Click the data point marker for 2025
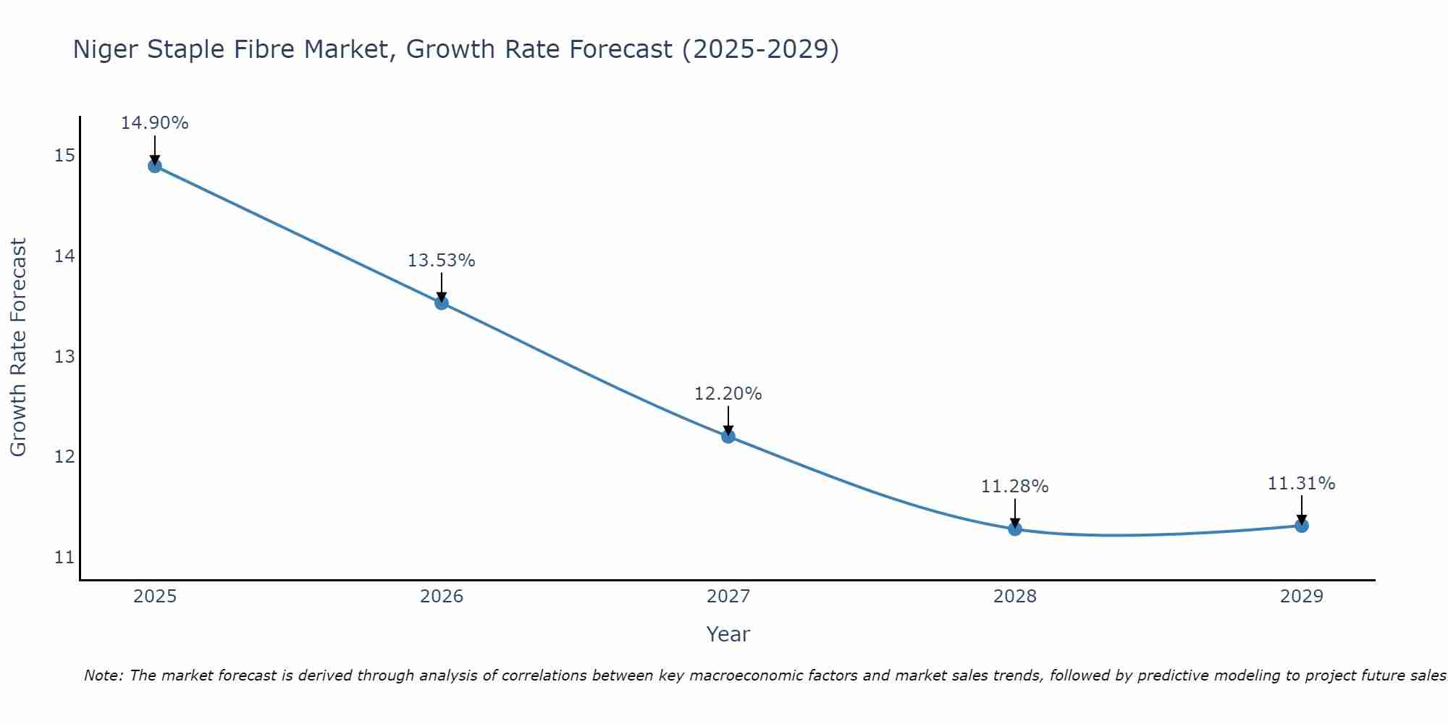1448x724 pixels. [155, 166]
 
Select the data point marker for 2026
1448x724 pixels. [442, 303]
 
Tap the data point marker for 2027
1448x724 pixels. [728, 436]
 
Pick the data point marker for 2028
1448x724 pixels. [1015, 529]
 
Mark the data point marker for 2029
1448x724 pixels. [1302, 526]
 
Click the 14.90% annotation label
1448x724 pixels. [154, 123]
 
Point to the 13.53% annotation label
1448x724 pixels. [441, 261]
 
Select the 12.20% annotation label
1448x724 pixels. [728, 394]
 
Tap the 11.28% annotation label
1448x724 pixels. [1014, 487]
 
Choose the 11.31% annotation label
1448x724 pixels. [1301, 484]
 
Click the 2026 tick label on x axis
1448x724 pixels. [442, 597]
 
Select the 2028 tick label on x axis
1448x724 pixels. [1015, 597]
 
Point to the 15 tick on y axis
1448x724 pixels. [64, 156]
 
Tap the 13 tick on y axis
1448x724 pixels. [64, 357]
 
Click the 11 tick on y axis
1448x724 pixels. [64, 557]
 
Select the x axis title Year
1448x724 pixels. [728, 634]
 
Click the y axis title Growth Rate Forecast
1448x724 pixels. [18, 348]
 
